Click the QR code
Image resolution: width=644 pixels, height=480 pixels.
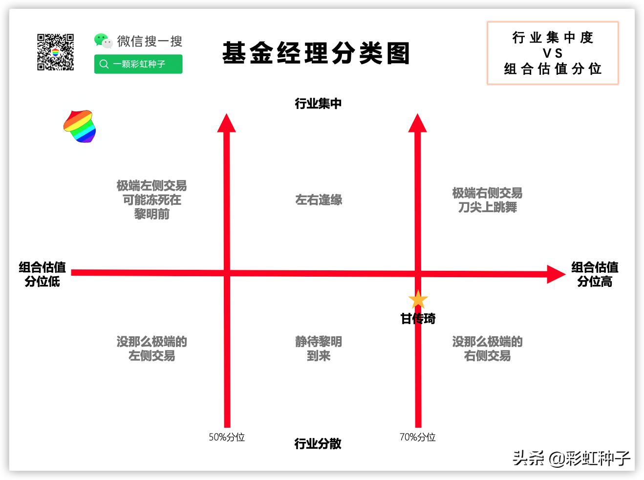coord(55,52)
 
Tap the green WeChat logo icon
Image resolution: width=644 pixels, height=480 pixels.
coord(103,41)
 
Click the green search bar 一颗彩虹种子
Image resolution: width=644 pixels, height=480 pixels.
coord(138,64)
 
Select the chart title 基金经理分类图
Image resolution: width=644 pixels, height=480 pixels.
coord(316,53)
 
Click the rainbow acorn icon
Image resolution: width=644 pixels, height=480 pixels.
coord(80,126)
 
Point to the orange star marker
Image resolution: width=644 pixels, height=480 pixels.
coord(418,300)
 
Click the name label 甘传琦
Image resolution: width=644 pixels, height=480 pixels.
coord(418,319)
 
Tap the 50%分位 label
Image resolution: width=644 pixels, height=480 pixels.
coord(227,437)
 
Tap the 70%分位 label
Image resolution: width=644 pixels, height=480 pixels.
coord(417,437)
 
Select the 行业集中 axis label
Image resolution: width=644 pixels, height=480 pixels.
coord(318,104)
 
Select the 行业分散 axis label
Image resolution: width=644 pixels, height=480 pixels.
coord(318,444)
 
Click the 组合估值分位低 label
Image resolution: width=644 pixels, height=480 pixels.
coord(42,274)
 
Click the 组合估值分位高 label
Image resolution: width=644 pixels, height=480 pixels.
coord(595,274)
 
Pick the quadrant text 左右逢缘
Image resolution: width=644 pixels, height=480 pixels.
coord(319,200)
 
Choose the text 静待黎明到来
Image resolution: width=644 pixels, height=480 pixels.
coord(319,349)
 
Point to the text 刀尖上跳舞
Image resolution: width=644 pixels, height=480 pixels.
coord(487,207)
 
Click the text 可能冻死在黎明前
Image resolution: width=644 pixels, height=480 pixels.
coord(151,207)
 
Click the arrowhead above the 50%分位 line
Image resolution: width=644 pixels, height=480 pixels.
coord(226,123)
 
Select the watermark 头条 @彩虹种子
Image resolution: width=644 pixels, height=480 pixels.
coord(571,458)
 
